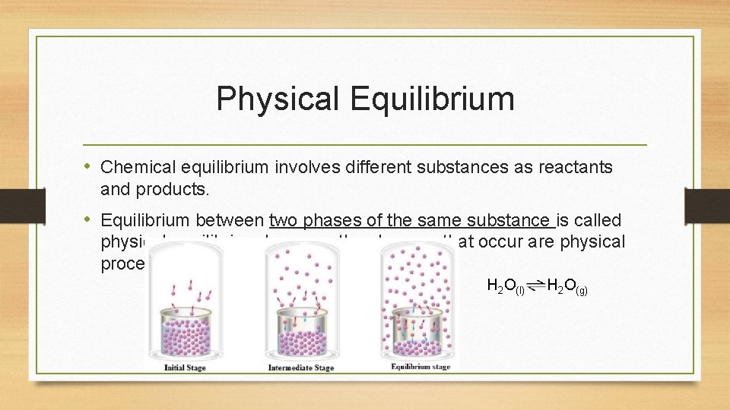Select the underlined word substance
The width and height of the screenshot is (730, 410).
click(x=514, y=221)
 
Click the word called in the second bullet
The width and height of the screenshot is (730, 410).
click(x=597, y=221)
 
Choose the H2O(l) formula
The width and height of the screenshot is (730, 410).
click(x=505, y=286)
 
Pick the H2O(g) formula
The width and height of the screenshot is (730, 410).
click(x=567, y=286)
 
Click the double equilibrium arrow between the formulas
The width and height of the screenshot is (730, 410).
click(x=535, y=285)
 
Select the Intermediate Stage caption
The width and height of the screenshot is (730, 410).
click(x=300, y=368)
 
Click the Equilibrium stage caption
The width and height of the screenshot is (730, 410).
click(x=420, y=367)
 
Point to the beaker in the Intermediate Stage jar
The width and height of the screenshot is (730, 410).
click(x=301, y=330)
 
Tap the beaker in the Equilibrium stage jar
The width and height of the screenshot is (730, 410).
click(x=417, y=328)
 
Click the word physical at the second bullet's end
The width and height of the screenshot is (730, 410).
click(x=597, y=242)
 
